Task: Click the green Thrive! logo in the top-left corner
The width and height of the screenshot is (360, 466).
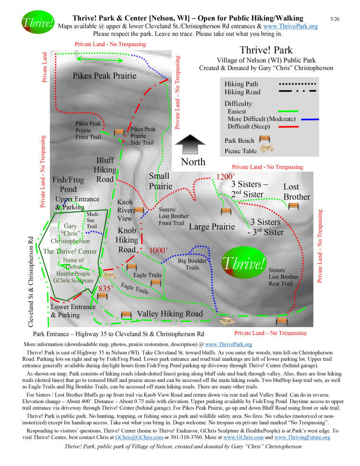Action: point(38,22)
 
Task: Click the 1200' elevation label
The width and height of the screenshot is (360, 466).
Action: point(225,177)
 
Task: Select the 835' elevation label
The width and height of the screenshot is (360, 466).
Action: point(105,288)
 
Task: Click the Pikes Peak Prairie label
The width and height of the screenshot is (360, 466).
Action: point(105,76)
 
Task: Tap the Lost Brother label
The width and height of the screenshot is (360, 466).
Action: point(297,192)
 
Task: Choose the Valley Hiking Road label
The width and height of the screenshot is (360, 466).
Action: point(169,314)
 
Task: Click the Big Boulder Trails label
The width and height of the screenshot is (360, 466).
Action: point(192,264)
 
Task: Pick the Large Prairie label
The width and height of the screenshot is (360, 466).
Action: point(212,227)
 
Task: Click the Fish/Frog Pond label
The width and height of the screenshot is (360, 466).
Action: point(68,184)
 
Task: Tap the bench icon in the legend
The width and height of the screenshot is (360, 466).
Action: point(264,139)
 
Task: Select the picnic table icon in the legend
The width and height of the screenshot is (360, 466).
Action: point(266,149)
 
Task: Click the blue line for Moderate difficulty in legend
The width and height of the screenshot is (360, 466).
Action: point(310,119)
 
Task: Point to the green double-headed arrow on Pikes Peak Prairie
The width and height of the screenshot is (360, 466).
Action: point(99,60)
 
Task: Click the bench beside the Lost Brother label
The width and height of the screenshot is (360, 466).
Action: point(293,206)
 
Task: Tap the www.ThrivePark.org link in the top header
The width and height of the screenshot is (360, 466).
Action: point(290,26)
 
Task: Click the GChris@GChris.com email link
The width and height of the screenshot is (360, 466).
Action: point(139,437)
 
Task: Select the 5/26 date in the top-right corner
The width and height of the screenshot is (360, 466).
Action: point(335,19)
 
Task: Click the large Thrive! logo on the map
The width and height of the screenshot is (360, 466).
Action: point(244,263)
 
